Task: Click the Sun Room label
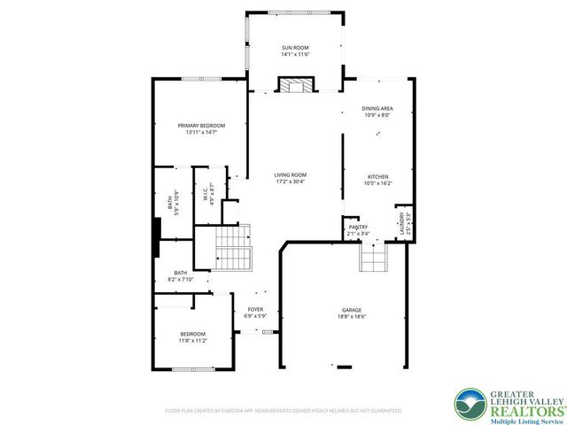pyautogui.click(x=295, y=47)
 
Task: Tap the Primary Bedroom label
pyautogui.click(x=201, y=126)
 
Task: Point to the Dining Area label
pyautogui.click(x=377, y=108)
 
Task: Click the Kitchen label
pyautogui.click(x=378, y=176)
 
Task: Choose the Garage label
pyautogui.click(x=352, y=309)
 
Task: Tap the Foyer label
pyautogui.click(x=255, y=309)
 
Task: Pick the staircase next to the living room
pyautogui.click(x=234, y=250)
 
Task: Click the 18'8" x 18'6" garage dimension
pyautogui.click(x=352, y=316)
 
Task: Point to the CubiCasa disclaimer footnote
pyautogui.click(x=283, y=411)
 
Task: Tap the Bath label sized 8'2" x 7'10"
pyautogui.click(x=181, y=276)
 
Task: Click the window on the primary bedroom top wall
pyautogui.click(x=202, y=80)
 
